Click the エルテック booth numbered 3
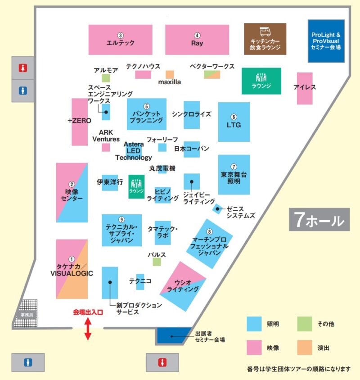coord(120,40)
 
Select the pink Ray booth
coord(197,40)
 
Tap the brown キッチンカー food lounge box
coord(265,39)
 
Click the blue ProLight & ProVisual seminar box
coord(326,41)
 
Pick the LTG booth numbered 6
coord(234,122)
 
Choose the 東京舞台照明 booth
coord(234,174)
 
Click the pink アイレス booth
coord(305,88)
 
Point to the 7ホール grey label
coord(319,220)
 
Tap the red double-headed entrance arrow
coord(88,329)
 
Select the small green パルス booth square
coord(157,262)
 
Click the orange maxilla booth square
coord(170,74)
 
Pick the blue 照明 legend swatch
coord(254,323)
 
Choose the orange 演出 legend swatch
coord(305,348)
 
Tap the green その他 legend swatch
coord(305,323)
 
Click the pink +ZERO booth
coord(80,122)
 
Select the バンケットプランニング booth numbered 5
coord(147,114)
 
